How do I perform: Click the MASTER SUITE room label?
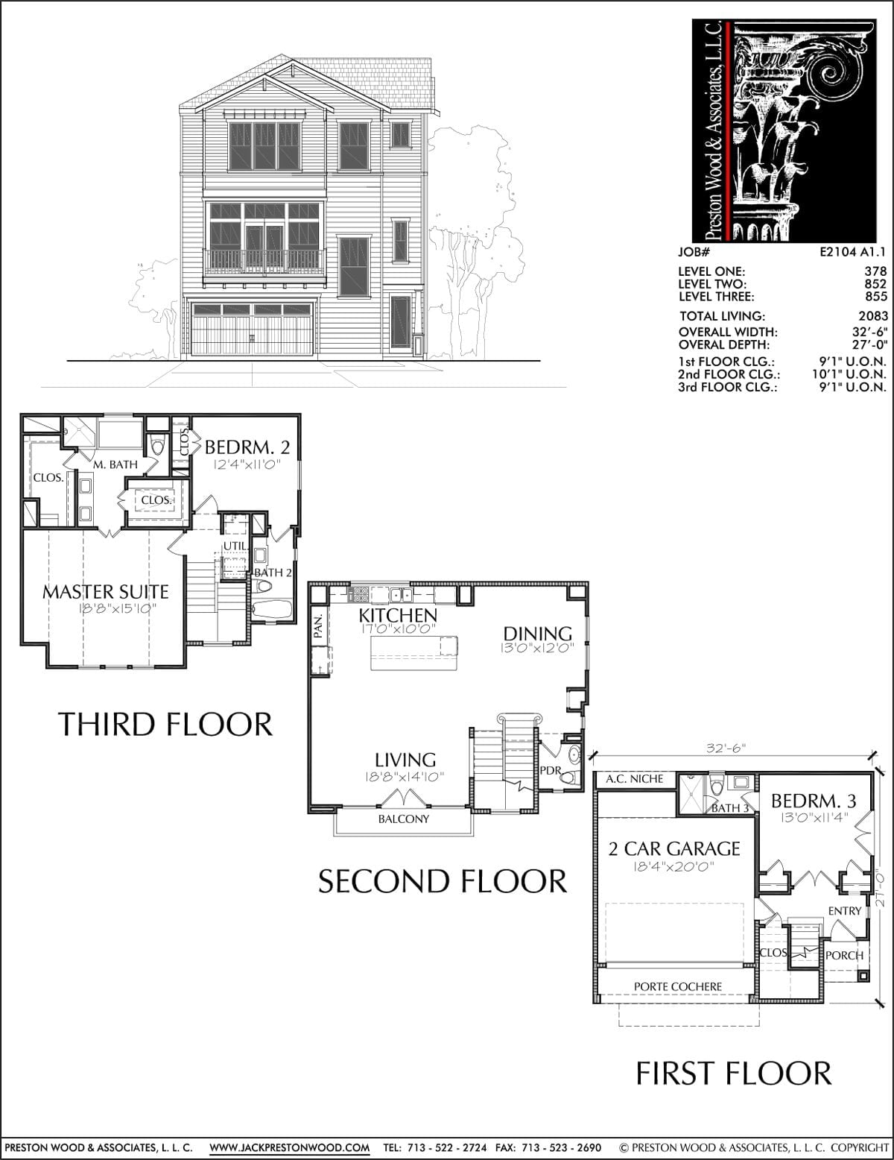[105, 591]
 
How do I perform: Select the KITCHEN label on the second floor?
[398, 615]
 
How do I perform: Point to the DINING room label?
[538, 634]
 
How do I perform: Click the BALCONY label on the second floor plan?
[403, 819]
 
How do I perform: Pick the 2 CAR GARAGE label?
[674, 849]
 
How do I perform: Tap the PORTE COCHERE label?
[677, 987]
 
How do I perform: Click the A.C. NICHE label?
[634, 779]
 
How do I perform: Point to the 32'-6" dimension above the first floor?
[725, 748]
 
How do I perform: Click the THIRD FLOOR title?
[165, 725]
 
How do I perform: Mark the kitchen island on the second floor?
[414, 653]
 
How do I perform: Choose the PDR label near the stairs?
[550, 771]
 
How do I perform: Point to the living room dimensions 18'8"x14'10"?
[405, 777]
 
